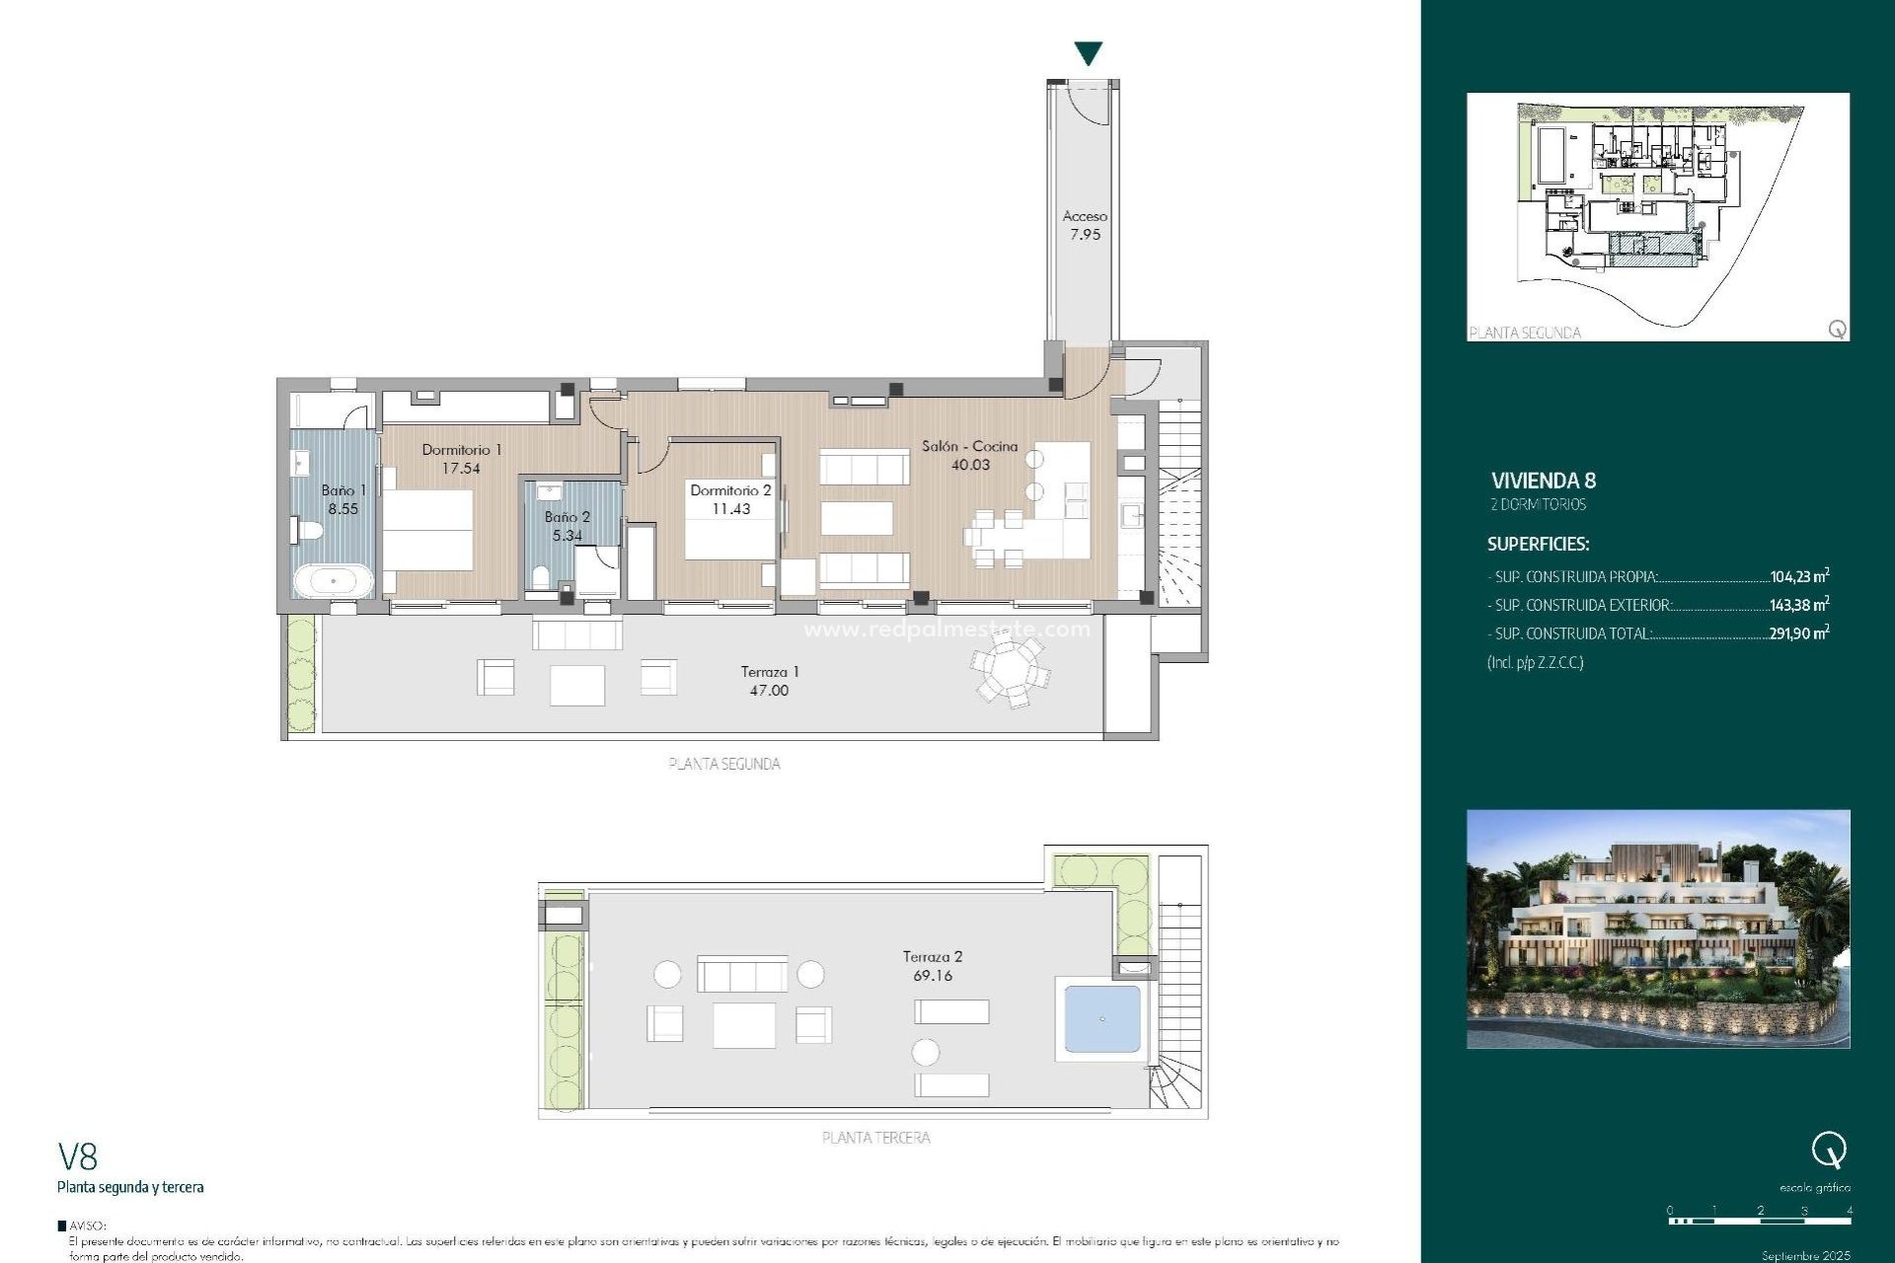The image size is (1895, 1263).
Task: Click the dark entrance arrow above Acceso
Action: coord(1088,53)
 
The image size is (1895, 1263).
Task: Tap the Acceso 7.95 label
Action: coord(1085,225)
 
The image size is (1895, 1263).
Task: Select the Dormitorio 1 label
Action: coord(461,450)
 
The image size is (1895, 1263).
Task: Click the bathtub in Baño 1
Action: coord(334,580)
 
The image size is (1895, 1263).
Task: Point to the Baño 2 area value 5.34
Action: coord(567,536)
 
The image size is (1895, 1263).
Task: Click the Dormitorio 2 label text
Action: coord(730,490)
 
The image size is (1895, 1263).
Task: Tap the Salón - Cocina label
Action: coord(969,446)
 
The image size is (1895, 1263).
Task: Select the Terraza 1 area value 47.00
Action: coord(769,691)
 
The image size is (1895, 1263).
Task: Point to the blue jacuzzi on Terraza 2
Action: coord(1101,1018)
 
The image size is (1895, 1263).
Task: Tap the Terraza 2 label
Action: coord(932,956)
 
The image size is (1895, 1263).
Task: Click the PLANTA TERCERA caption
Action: coord(875,1138)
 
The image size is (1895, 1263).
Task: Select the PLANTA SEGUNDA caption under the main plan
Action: coord(724,764)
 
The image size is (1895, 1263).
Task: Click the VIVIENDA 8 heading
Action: coord(1543,481)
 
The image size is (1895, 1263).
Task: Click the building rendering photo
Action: coord(1658,929)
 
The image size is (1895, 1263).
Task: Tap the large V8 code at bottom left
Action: coord(78,1156)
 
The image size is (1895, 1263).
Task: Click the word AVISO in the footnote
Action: coord(87,1226)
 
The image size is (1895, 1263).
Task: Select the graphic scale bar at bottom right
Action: coord(1760,1221)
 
